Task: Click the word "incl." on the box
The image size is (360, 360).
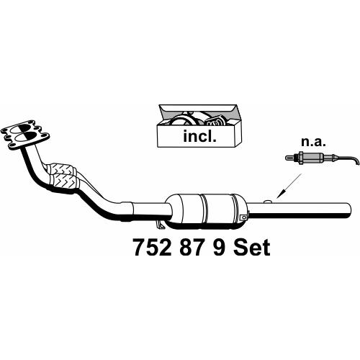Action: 199,136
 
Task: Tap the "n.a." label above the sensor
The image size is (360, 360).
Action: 314,142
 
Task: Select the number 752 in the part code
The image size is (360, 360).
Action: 152,248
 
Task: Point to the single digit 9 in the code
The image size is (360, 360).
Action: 219,248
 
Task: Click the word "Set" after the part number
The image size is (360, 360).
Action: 252,248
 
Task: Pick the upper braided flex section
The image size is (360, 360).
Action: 61,169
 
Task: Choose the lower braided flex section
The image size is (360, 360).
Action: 64,181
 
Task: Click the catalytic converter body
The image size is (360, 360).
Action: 207,210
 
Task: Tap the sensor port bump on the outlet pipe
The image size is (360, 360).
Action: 268,202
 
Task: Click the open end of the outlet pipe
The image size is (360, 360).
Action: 348,210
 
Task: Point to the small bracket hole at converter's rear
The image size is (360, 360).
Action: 244,217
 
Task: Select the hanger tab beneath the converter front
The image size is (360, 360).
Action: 160,224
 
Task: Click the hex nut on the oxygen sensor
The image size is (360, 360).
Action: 299,158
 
